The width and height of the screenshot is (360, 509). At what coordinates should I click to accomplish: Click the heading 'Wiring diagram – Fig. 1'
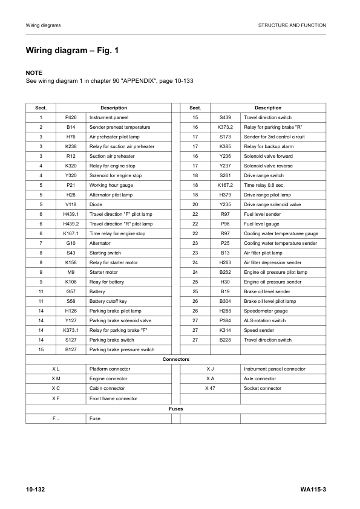pos(72,51)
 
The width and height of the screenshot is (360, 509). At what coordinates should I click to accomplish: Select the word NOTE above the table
pos(34,73)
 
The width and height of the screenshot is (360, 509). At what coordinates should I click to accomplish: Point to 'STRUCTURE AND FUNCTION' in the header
pos(292,25)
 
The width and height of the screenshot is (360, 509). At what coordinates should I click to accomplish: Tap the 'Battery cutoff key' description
pos(108,301)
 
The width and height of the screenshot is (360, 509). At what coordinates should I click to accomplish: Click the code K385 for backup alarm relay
pos(225,146)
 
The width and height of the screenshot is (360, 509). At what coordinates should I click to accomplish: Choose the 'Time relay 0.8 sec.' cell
pos(265,185)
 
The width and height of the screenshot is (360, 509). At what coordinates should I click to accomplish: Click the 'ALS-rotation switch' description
pos(264,320)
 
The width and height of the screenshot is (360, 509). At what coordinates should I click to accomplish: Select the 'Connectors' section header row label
pos(176,359)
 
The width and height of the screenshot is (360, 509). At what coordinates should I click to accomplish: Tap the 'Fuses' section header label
pos(176,409)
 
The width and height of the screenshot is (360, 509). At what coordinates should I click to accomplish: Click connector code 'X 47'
pos(210,388)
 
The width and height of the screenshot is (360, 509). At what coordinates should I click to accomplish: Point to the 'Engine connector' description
pos(108,378)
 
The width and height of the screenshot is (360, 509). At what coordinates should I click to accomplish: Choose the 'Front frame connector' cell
pos(113,398)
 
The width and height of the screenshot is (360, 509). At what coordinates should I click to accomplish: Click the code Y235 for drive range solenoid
pos(225,204)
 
